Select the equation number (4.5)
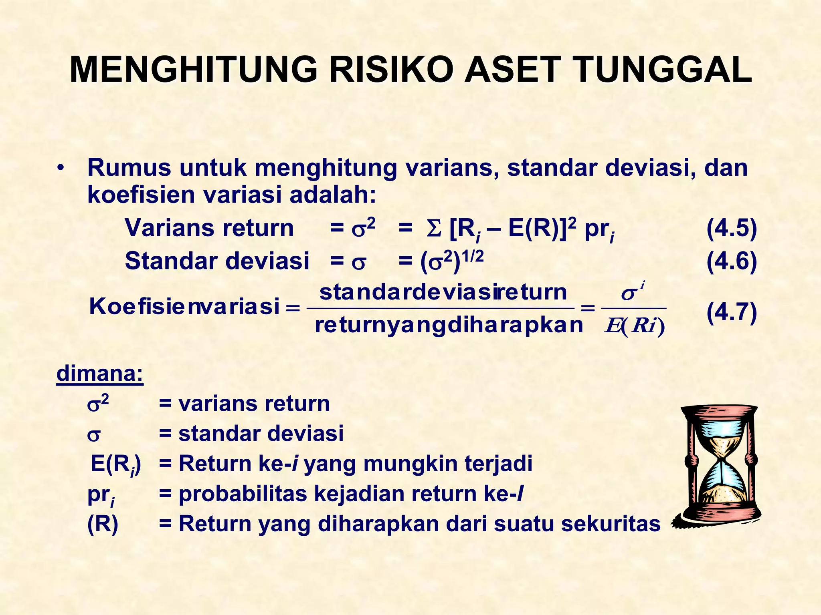click(x=731, y=229)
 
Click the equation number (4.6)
click(x=731, y=261)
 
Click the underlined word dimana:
click(x=100, y=374)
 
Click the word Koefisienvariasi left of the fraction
click(x=184, y=307)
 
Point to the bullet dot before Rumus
click(x=60, y=168)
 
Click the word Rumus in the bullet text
click(x=129, y=168)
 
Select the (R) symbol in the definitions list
click(x=103, y=524)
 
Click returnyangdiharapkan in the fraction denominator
click(x=449, y=325)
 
